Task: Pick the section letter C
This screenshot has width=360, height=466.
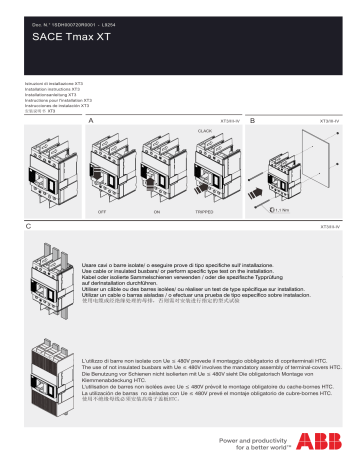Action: [27, 227]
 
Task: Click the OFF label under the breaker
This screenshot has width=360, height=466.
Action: [102, 213]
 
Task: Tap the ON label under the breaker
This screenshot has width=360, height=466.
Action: [158, 213]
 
